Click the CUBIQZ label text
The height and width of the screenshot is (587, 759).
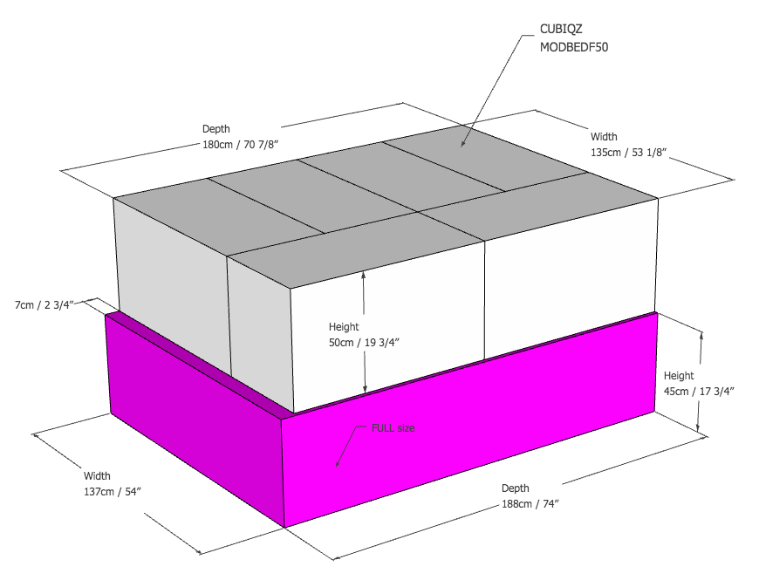[561, 29]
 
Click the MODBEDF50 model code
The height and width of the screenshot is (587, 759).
[574, 47]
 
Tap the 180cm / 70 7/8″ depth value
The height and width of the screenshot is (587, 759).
[241, 144]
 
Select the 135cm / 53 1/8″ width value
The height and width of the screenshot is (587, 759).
[629, 152]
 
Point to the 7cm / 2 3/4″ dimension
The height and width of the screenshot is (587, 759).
[44, 305]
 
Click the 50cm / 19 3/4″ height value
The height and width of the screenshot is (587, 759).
[364, 342]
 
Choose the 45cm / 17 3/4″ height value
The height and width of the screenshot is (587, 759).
[699, 391]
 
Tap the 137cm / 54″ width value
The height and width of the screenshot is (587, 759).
[113, 492]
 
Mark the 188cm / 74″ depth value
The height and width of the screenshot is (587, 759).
[530, 504]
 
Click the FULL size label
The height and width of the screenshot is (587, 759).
[393, 428]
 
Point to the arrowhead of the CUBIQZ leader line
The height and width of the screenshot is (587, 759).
[462, 145]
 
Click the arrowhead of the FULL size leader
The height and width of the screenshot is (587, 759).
[337, 466]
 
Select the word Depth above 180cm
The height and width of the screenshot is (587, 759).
[215, 129]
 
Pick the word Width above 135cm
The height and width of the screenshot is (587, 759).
[604, 136]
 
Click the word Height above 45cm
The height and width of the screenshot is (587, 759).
[679, 376]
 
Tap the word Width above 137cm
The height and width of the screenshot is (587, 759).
[97, 475]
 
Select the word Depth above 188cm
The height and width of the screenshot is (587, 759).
[515, 488]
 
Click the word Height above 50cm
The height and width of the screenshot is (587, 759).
[344, 327]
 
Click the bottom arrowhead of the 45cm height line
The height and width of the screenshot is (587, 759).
[698, 427]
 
